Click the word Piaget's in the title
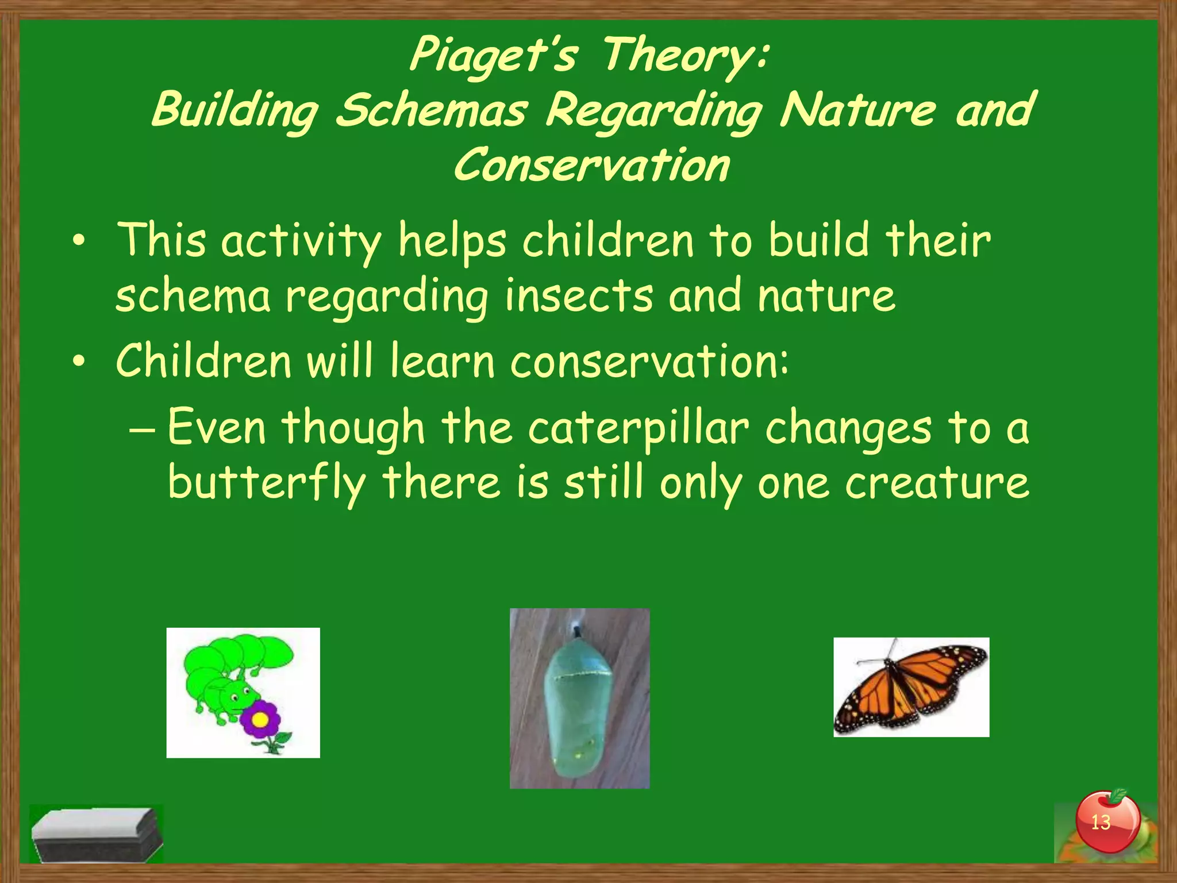click(x=493, y=55)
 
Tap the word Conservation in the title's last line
click(x=592, y=165)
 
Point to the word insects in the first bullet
click(x=579, y=295)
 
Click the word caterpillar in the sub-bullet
click(x=638, y=428)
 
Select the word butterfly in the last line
click(x=267, y=483)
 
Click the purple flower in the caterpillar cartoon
click(x=260, y=719)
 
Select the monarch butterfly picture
click(x=911, y=687)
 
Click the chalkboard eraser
click(x=95, y=834)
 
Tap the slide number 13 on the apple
click(x=1100, y=823)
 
